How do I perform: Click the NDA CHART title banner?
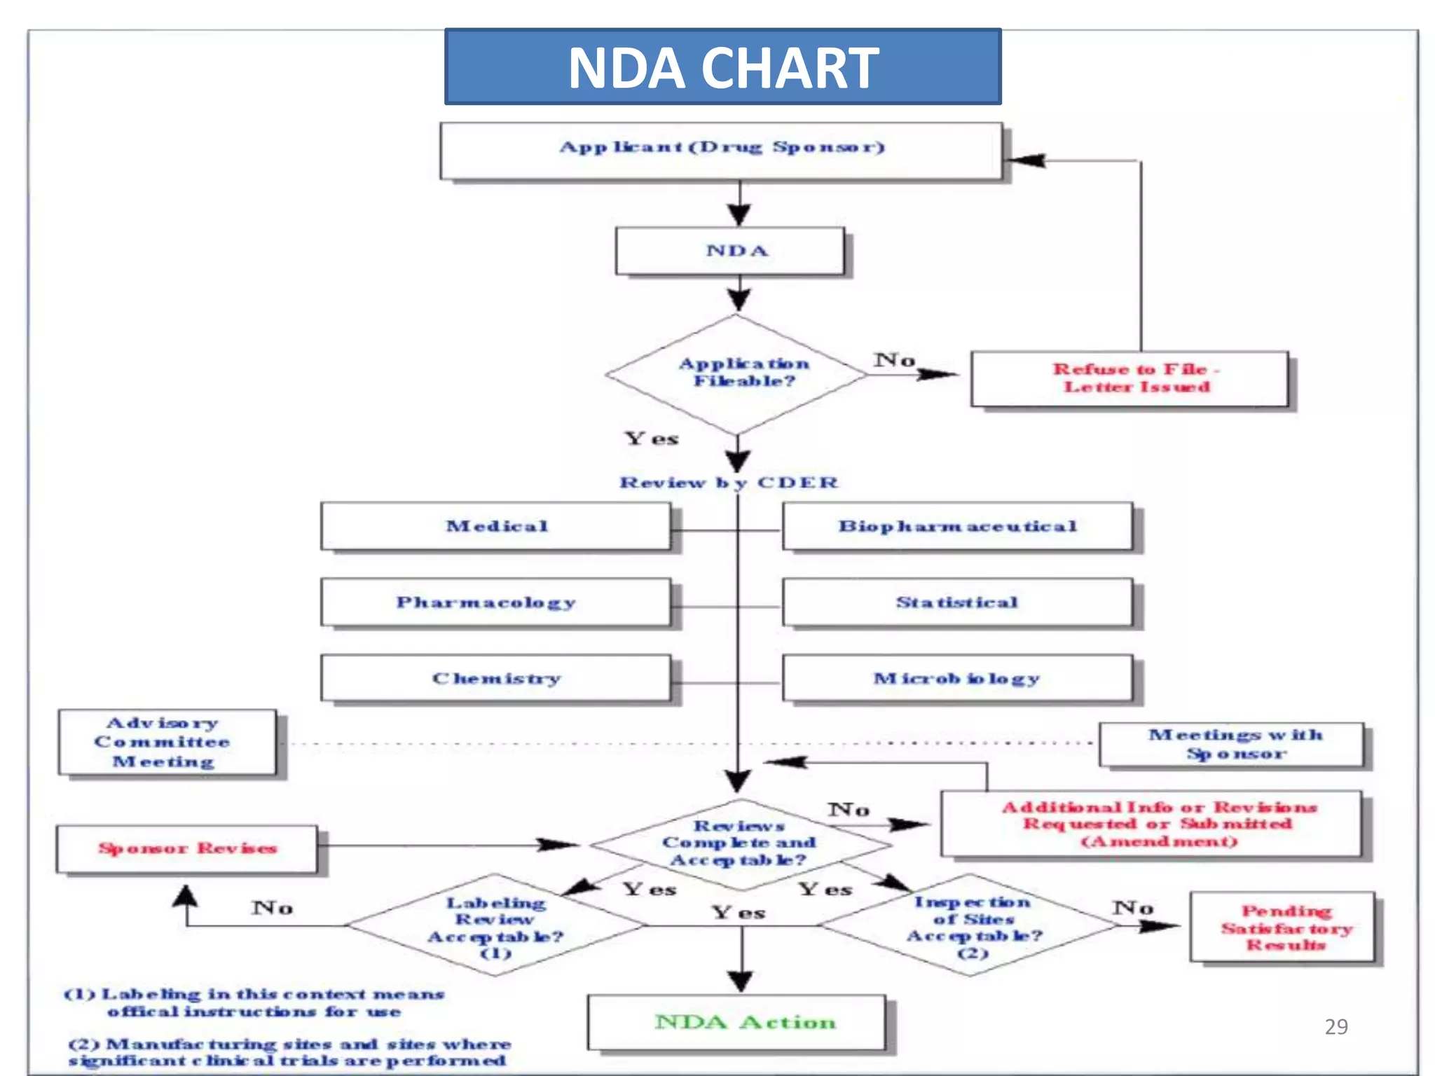(x=722, y=67)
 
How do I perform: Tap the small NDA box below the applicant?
(x=729, y=251)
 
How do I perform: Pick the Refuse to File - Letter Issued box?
(x=1129, y=378)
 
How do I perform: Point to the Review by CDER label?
(x=729, y=483)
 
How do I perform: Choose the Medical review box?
(x=495, y=526)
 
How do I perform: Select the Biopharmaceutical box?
(x=956, y=526)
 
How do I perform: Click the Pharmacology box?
(x=495, y=602)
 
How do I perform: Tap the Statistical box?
(x=956, y=602)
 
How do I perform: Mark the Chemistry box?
(x=495, y=678)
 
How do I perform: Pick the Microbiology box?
(x=956, y=678)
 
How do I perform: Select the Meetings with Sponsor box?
(x=1231, y=745)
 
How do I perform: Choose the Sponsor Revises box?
(x=186, y=848)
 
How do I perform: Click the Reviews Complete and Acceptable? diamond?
(x=739, y=843)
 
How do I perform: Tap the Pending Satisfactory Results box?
(x=1282, y=927)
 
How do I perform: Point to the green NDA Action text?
(x=745, y=1022)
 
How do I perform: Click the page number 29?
(x=1336, y=1026)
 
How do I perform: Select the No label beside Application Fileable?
(x=894, y=360)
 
